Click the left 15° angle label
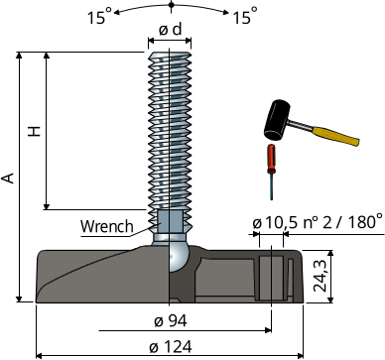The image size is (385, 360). [100, 16]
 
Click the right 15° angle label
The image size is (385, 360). [245, 16]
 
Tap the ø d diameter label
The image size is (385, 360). [170, 30]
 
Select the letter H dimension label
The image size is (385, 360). [34, 131]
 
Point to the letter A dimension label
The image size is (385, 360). [8, 178]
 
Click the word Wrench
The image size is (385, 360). [107, 226]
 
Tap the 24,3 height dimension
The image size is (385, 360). [321, 276]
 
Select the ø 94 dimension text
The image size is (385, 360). [171, 320]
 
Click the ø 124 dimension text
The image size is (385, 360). [171, 347]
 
